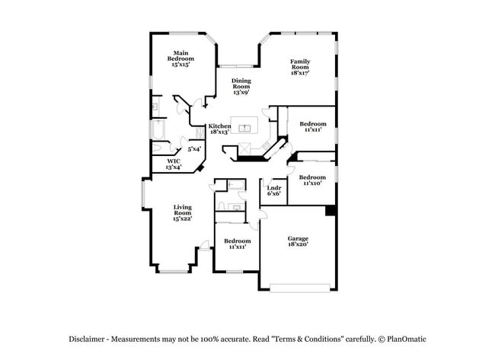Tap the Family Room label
point(300,65)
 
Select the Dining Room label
point(241,84)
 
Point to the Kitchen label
point(220,126)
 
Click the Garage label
point(298,238)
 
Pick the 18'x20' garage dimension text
point(298,245)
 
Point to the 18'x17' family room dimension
point(300,74)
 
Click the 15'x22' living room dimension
point(182,218)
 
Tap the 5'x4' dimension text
point(195,148)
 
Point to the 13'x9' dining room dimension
point(241,93)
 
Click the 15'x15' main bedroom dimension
point(180,65)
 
